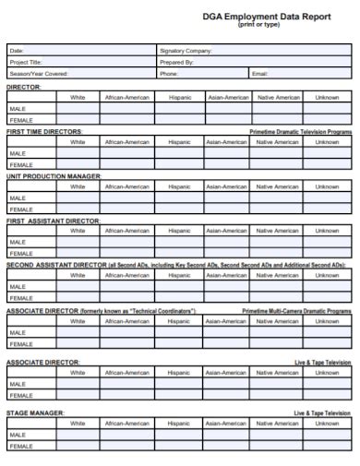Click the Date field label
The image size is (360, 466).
16,51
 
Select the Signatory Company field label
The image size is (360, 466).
186,51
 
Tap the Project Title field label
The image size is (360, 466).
25,62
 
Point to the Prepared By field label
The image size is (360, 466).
176,62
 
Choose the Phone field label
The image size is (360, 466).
169,73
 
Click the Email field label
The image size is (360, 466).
260,73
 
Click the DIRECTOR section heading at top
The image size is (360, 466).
24,86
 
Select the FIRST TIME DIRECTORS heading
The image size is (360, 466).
45,131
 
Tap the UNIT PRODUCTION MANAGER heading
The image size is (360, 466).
54,176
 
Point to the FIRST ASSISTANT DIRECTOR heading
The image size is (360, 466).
54,221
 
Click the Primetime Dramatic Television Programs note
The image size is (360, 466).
301,132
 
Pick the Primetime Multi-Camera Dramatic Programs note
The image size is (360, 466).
297,311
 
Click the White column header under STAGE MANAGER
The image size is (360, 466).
78,424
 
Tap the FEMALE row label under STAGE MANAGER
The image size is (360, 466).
20,446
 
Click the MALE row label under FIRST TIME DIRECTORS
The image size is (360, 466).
18,153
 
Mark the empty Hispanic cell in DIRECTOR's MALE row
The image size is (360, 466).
180,108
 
